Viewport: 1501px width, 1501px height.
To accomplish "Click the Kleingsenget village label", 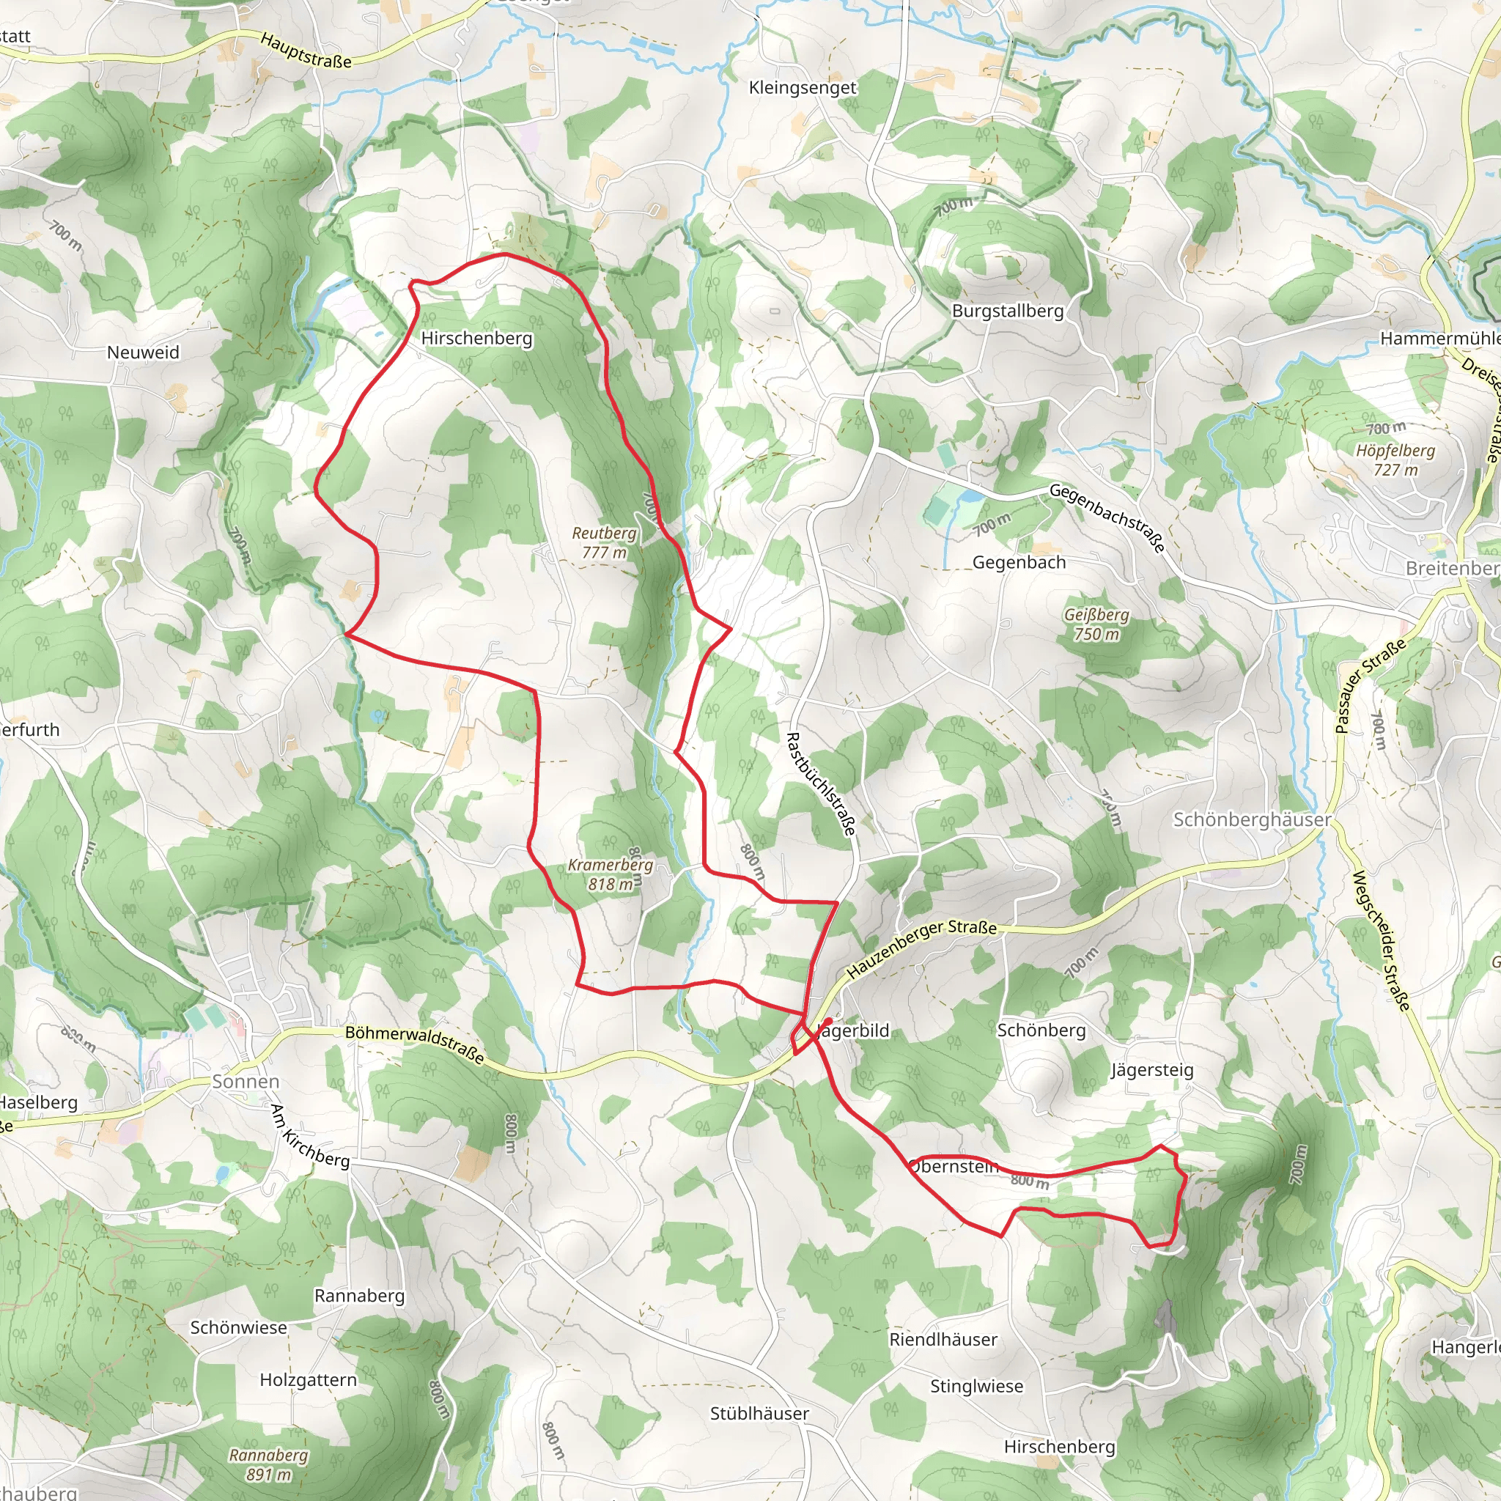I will pyautogui.click(x=802, y=88).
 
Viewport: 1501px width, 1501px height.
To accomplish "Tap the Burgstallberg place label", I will pyautogui.click(x=1008, y=311).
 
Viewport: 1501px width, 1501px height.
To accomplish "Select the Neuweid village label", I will pyautogui.click(x=143, y=352).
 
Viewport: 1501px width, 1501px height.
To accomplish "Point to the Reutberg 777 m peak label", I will pyautogui.click(x=604, y=542).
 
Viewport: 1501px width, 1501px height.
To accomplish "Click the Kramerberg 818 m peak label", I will pyautogui.click(x=610, y=874).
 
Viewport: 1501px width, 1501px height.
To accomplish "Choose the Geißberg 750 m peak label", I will pyautogui.click(x=1096, y=624).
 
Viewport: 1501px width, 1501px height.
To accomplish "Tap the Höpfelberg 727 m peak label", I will pyautogui.click(x=1395, y=460).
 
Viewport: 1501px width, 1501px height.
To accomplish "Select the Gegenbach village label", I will pyautogui.click(x=1019, y=561).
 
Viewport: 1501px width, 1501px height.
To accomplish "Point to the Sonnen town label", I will pyautogui.click(x=246, y=1082).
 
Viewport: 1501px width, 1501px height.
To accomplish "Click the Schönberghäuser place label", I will pyautogui.click(x=1252, y=819).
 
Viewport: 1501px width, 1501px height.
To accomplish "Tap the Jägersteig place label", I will pyautogui.click(x=1151, y=1070).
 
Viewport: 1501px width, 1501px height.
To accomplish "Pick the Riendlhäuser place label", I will pyautogui.click(x=943, y=1338).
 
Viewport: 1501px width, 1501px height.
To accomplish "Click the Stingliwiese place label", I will pyautogui.click(x=976, y=1385).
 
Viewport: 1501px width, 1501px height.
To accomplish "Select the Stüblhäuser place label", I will pyautogui.click(x=759, y=1413).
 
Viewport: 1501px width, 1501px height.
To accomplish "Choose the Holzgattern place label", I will pyautogui.click(x=309, y=1379).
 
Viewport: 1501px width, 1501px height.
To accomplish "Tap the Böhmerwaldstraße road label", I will pyautogui.click(x=415, y=1044).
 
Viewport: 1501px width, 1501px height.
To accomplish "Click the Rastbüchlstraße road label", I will pyautogui.click(x=821, y=783).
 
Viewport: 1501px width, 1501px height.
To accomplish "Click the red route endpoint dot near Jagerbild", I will pyautogui.click(x=829, y=1021).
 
